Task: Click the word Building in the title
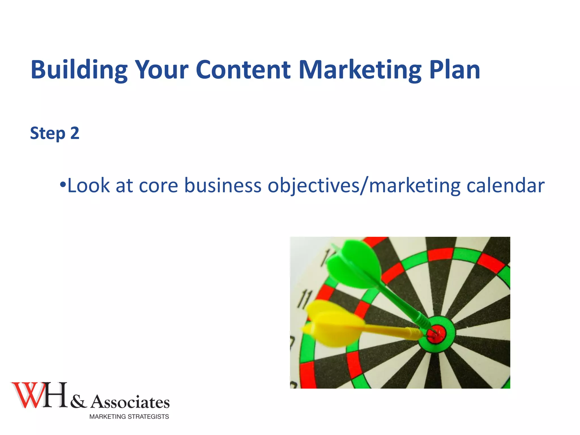[x=79, y=70]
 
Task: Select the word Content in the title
[x=243, y=70]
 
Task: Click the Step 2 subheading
[x=55, y=133]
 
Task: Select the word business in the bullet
[x=223, y=186]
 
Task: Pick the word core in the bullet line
[x=159, y=186]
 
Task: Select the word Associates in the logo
[x=130, y=402]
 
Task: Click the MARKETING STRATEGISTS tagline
[x=129, y=417]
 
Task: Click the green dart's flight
[x=354, y=263]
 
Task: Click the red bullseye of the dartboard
[x=436, y=334]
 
